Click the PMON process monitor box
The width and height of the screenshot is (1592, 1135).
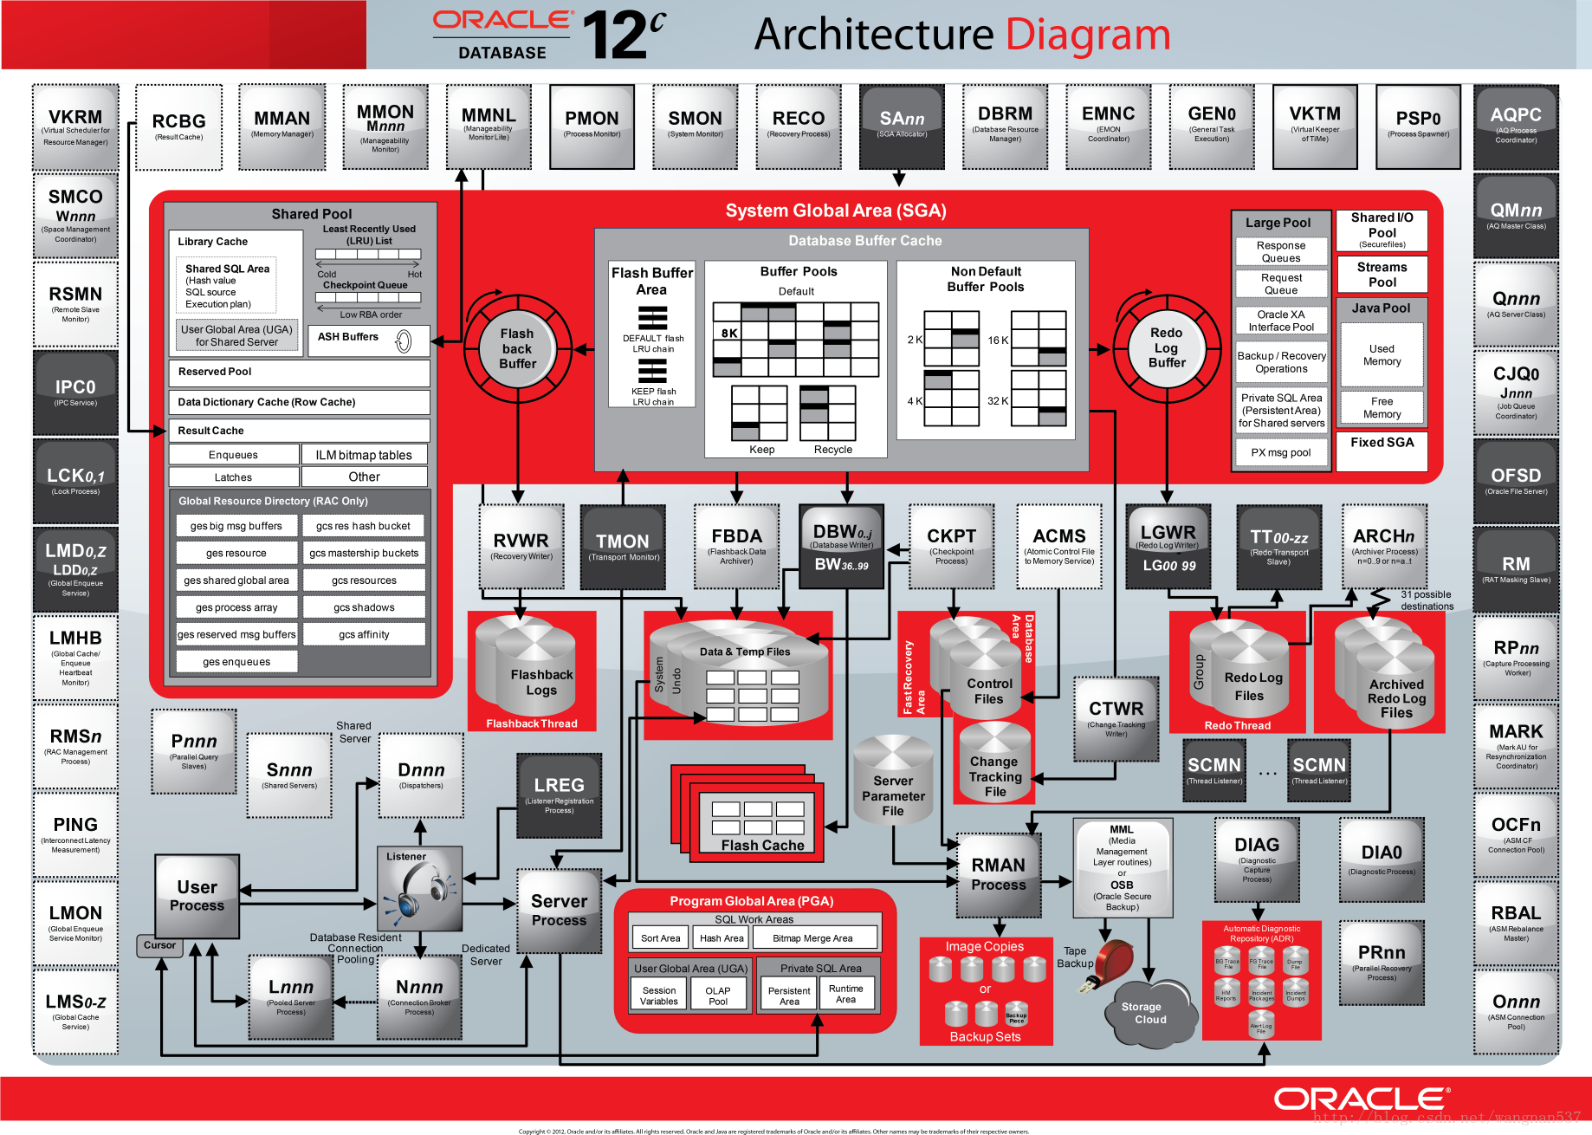tap(592, 126)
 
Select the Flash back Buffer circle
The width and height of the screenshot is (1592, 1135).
tap(517, 348)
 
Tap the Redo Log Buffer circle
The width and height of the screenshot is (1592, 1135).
tap(1166, 347)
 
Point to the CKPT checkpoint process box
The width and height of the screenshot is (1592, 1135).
tap(951, 547)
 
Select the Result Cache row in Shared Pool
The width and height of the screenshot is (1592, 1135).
tap(299, 431)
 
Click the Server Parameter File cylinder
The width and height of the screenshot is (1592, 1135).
tap(893, 784)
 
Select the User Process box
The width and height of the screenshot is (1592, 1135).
tap(197, 897)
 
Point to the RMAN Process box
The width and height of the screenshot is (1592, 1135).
tap(998, 875)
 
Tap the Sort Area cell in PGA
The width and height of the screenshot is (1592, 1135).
tap(660, 938)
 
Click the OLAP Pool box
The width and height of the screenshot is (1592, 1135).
tap(717, 996)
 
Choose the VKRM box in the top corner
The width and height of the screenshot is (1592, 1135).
tap(75, 126)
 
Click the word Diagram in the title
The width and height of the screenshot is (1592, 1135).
tap(1088, 35)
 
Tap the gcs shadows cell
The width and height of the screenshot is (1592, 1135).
tap(364, 607)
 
